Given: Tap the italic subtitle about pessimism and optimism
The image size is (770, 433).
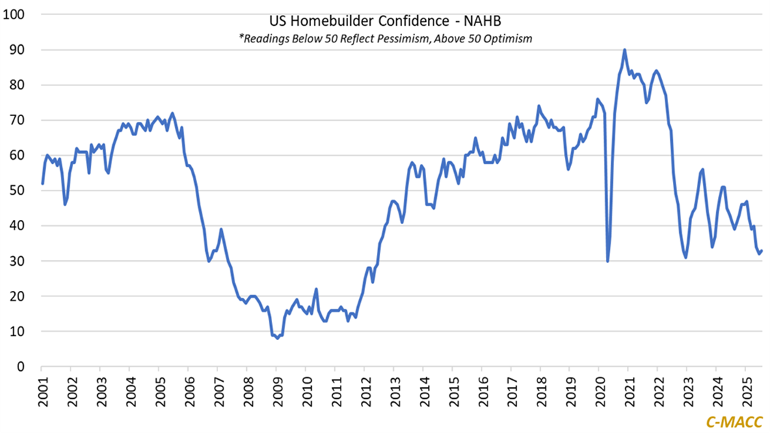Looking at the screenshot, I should [385, 39].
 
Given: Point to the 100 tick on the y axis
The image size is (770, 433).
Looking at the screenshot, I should [15, 14].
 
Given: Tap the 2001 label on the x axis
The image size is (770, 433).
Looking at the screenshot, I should [42, 391].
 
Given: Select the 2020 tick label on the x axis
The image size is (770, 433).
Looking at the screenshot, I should [598, 391].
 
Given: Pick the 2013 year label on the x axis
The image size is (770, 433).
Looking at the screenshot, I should [393, 391].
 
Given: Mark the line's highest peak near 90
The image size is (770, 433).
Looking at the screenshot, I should [624, 50].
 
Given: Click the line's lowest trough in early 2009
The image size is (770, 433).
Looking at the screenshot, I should [277, 338].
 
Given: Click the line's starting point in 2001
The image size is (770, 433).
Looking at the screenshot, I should [42, 183].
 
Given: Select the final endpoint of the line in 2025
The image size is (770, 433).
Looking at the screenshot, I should [762, 250].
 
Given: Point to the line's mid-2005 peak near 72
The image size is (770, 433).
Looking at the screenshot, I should [172, 113].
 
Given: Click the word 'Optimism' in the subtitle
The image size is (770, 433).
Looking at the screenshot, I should [509, 39].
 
